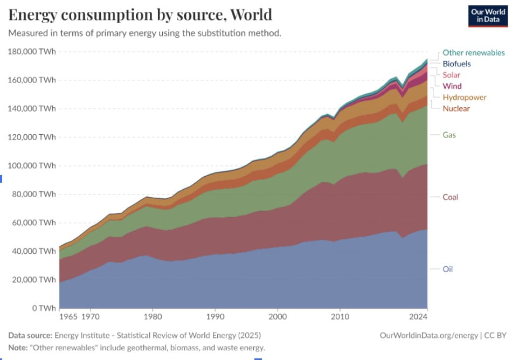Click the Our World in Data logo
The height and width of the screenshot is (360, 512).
[x=487, y=16]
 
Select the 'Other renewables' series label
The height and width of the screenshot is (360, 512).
[x=474, y=53]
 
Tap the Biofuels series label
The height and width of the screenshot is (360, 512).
[x=456, y=64]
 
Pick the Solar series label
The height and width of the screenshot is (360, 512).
[x=452, y=75]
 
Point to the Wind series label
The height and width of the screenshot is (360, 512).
[x=452, y=86]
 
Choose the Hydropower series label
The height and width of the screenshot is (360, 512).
[x=465, y=98]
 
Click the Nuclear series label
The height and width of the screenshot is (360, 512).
[x=456, y=109]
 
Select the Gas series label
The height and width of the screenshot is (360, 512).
[x=449, y=135]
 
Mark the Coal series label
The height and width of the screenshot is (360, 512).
[x=451, y=197]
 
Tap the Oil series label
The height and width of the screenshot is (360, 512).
[x=448, y=268]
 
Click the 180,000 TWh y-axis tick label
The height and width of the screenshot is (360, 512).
[x=32, y=52]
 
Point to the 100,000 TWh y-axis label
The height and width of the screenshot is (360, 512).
[x=32, y=165]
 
